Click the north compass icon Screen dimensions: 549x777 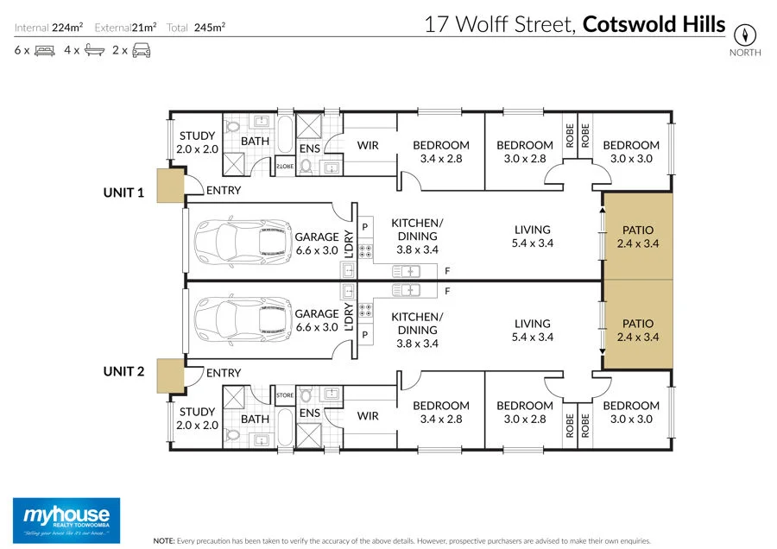click(744, 35)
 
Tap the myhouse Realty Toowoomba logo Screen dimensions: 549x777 click(66, 521)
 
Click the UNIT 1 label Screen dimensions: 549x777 click(124, 192)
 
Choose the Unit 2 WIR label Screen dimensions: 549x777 click(368, 416)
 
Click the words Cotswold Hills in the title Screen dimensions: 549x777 click(654, 23)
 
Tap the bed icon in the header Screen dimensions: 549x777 click(45, 50)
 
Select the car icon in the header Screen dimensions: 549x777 click(142, 50)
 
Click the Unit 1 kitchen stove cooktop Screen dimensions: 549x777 click(365, 251)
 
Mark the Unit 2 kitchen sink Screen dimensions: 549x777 click(406, 290)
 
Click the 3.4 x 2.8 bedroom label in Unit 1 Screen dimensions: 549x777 click(440, 152)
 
